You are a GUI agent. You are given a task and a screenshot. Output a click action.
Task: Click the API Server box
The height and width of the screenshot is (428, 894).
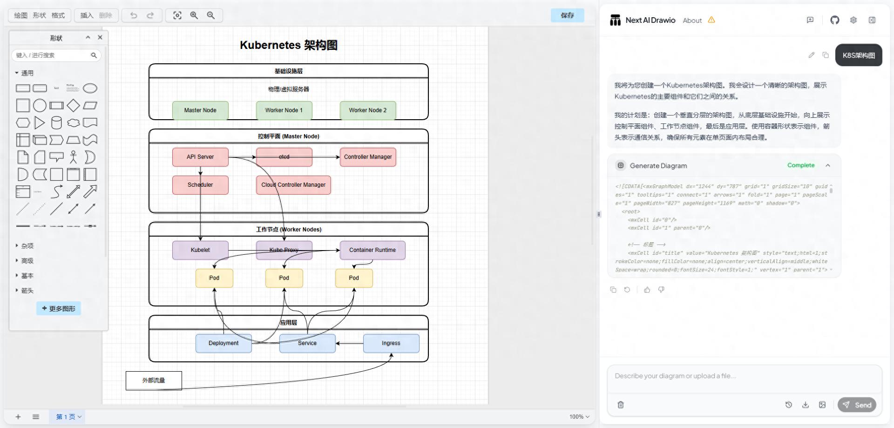[200, 157]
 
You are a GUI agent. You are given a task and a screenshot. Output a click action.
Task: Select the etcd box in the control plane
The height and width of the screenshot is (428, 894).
[284, 157]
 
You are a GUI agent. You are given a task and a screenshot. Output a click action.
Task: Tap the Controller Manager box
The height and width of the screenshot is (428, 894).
[368, 157]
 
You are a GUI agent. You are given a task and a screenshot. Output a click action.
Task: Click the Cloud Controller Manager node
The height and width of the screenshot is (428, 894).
[293, 185]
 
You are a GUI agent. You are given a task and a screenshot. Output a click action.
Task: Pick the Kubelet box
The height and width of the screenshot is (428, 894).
[200, 250]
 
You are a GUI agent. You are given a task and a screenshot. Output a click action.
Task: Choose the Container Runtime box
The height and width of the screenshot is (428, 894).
[372, 250]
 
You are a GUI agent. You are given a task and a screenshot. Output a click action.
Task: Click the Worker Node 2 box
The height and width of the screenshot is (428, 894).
[368, 110]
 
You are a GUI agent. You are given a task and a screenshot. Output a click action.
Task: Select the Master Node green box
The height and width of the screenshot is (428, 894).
[200, 110]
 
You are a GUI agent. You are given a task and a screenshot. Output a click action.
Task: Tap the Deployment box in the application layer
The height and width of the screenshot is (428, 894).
[223, 343]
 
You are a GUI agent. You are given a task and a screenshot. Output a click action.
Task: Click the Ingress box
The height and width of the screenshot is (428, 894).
[391, 343]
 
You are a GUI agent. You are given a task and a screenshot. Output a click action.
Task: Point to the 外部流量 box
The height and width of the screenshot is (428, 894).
[154, 380]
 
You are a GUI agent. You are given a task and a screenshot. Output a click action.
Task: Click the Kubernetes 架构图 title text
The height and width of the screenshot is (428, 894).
[289, 45]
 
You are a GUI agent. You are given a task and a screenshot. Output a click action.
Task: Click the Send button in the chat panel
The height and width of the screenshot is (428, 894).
[857, 405]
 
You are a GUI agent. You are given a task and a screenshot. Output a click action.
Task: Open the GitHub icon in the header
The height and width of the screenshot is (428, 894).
[834, 20]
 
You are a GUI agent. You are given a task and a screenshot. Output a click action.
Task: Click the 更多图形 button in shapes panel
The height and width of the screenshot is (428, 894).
[59, 308]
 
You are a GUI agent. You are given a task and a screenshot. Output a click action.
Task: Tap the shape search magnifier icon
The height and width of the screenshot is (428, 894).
[94, 55]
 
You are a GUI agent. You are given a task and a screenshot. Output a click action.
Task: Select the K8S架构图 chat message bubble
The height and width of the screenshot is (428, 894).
[859, 55]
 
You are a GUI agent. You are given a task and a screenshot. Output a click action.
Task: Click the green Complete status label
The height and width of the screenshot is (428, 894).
[801, 165]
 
